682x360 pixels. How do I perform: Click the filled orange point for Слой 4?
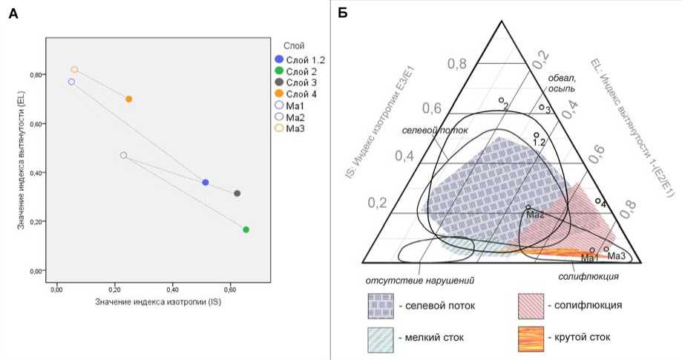[x=129, y=99]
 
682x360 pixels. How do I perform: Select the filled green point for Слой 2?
[x=246, y=229]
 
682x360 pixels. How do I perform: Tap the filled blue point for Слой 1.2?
[x=206, y=182]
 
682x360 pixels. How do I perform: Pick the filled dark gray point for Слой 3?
[x=237, y=194]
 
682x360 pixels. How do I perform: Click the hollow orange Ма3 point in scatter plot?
[x=74, y=70]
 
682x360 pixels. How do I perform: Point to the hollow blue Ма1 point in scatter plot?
[x=71, y=82]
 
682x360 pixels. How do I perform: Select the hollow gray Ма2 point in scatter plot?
[x=123, y=155]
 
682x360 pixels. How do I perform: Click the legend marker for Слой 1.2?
[x=278, y=59]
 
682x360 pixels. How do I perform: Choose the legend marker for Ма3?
[x=278, y=128]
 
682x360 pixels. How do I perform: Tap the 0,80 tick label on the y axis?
[x=35, y=75]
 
